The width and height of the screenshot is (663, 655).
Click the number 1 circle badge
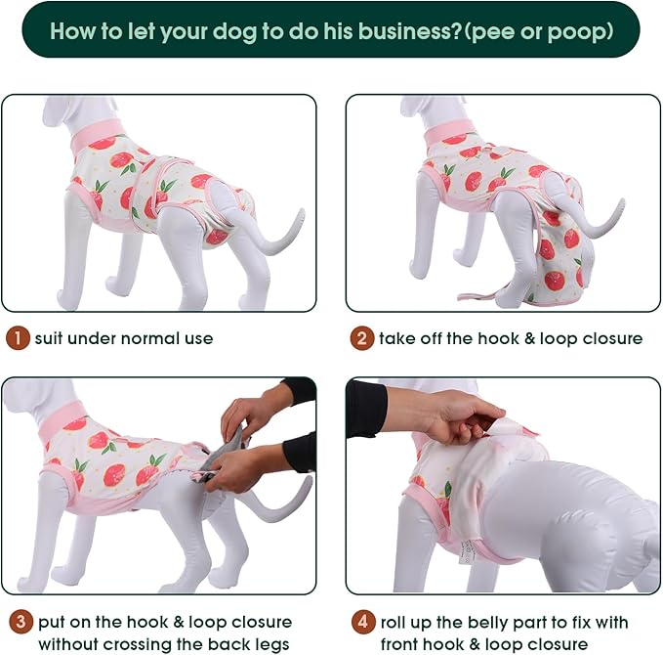[x=18, y=339]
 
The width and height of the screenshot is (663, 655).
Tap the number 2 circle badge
[x=362, y=339]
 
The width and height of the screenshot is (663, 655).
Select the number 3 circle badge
[x=18, y=622]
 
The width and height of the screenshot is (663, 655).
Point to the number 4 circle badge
[x=362, y=622]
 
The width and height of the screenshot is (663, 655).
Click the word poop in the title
[x=579, y=30]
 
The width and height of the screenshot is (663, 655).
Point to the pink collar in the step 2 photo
[x=448, y=130]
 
